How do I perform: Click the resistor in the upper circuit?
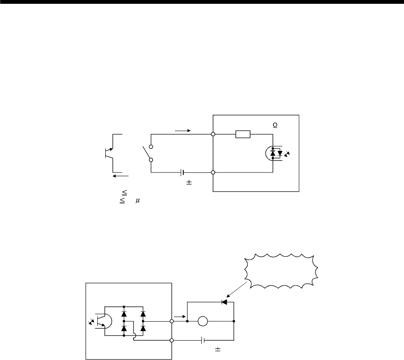[x=243, y=134]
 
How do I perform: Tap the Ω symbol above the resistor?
[x=275, y=126]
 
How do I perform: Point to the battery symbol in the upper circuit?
[x=182, y=172]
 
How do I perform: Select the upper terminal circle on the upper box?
[x=213, y=134]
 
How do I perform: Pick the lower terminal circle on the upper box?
[x=213, y=172]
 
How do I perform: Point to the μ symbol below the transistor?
[x=137, y=202]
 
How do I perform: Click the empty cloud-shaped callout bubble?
[x=280, y=271]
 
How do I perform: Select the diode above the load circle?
[x=225, y=302]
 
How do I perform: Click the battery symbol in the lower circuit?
[x=203, y=340]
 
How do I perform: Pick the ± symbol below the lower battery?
[x=218, y=349]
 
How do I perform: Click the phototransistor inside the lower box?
[x=101, y=321]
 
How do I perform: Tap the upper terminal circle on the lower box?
[x=171, y=321]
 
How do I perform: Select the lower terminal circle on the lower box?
[x=171, y=340]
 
